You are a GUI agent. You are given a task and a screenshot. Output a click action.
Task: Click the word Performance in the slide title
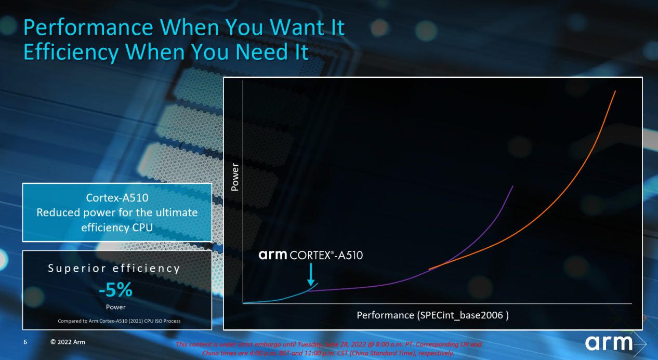point(88,28)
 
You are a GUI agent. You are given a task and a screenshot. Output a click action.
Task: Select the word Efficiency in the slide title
point(71,53)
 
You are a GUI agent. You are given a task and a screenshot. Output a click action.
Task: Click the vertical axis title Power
point(235,177)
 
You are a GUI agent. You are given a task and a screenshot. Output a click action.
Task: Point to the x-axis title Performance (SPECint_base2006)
point(433,315)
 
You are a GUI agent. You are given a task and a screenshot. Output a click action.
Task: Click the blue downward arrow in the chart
point(311,275)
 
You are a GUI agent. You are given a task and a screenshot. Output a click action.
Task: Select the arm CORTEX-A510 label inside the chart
point(310,255)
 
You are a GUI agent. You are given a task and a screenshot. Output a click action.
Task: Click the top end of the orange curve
point(615,91)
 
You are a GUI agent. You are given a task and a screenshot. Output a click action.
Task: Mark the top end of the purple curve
point(513,186)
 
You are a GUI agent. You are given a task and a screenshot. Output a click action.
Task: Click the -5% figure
point(116,290)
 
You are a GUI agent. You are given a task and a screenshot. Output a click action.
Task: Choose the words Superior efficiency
point(114,269)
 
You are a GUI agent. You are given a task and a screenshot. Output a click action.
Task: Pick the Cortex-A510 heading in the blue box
point(117,197)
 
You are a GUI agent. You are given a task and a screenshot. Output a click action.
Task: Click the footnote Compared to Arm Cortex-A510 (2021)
point(119,321)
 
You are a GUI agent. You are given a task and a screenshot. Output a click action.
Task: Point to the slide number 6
point(25,342)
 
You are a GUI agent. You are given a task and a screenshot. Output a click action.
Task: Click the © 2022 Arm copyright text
point(68,342)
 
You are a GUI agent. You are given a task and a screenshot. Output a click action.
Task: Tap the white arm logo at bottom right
point(609,343)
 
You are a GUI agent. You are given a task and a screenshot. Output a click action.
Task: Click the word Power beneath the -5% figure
point(116,307)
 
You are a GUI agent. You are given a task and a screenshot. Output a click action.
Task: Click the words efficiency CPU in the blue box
point(117,228)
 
